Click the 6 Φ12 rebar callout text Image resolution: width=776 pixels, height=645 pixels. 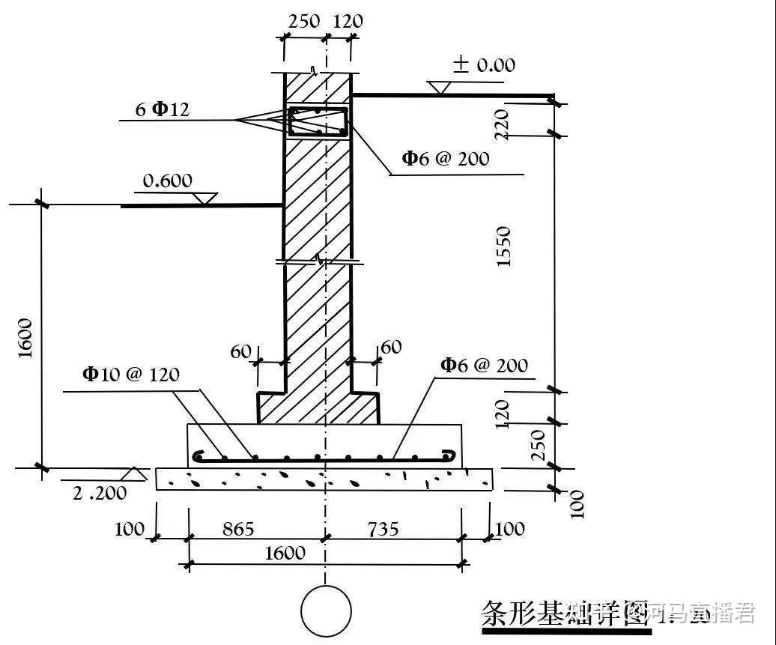163,109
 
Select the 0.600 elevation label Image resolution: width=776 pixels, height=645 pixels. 168,181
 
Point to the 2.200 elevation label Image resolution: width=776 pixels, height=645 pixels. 100,493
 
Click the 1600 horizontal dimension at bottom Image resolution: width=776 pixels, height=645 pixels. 285,553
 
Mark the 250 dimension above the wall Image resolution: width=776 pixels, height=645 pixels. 303,21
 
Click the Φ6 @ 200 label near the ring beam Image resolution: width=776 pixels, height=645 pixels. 446,158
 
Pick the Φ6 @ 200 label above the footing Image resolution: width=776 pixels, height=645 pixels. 484,366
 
